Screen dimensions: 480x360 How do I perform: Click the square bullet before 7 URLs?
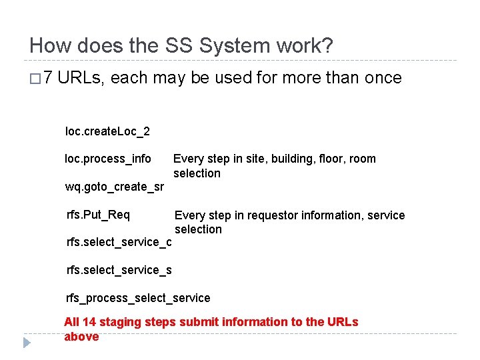click(35, 79)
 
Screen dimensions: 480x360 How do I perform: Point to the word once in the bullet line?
click(382, 78)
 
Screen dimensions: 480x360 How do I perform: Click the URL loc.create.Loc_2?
click(107, 131)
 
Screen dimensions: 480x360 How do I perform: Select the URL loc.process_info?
click(108, 159)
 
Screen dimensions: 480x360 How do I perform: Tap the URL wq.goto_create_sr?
click(114, 187)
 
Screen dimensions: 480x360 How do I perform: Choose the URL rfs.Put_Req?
click(98, 215)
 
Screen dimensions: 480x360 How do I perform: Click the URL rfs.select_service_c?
click(119, 242)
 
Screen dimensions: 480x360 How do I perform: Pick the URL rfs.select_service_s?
click(119, 270)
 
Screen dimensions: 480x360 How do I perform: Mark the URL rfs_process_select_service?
click(138, 298)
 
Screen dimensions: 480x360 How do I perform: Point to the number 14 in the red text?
click(89, 322)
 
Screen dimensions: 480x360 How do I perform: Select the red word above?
click(81, 337)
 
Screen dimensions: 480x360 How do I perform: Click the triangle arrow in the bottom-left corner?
click(27, 343)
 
